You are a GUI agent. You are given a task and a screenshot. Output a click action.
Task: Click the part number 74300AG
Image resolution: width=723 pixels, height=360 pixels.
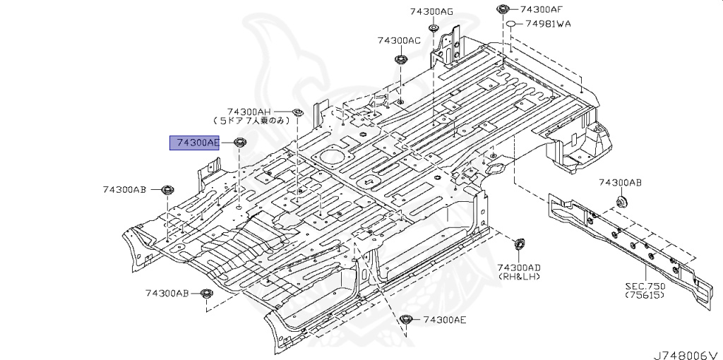point(431,11)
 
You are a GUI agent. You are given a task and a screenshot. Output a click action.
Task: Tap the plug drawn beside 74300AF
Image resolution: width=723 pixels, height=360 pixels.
point(502,9)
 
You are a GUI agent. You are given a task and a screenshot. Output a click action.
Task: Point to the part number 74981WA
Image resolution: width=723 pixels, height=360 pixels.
point(548,24)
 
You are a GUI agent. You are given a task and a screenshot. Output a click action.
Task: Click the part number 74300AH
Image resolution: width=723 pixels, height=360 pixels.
point(249,112)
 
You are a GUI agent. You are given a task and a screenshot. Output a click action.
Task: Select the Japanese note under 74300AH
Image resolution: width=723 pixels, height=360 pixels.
point(252,121)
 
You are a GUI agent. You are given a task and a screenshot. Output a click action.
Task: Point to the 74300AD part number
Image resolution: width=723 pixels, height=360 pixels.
point(518,268)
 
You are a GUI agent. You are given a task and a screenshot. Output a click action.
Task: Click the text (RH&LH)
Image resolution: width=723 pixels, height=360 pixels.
point(518,277)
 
